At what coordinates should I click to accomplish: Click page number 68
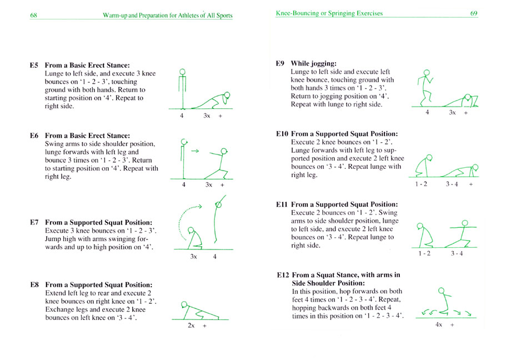34,16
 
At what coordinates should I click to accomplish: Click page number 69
473,13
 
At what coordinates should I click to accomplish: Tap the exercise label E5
34,65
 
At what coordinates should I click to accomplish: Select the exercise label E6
34,135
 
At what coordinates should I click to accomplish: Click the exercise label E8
34,285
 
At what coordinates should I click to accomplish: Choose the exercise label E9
280,63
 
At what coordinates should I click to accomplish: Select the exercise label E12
283,275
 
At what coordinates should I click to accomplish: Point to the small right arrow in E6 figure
194,151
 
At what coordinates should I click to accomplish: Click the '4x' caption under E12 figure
438,324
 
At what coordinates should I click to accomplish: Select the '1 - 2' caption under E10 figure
422,183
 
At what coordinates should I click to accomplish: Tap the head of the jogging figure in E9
426,72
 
